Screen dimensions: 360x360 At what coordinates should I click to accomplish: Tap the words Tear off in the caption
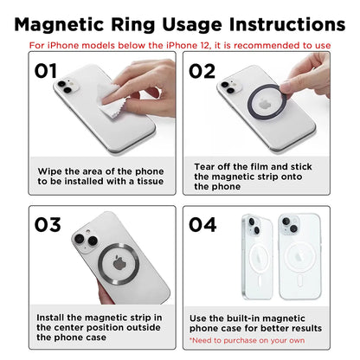tap(213, 166)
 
